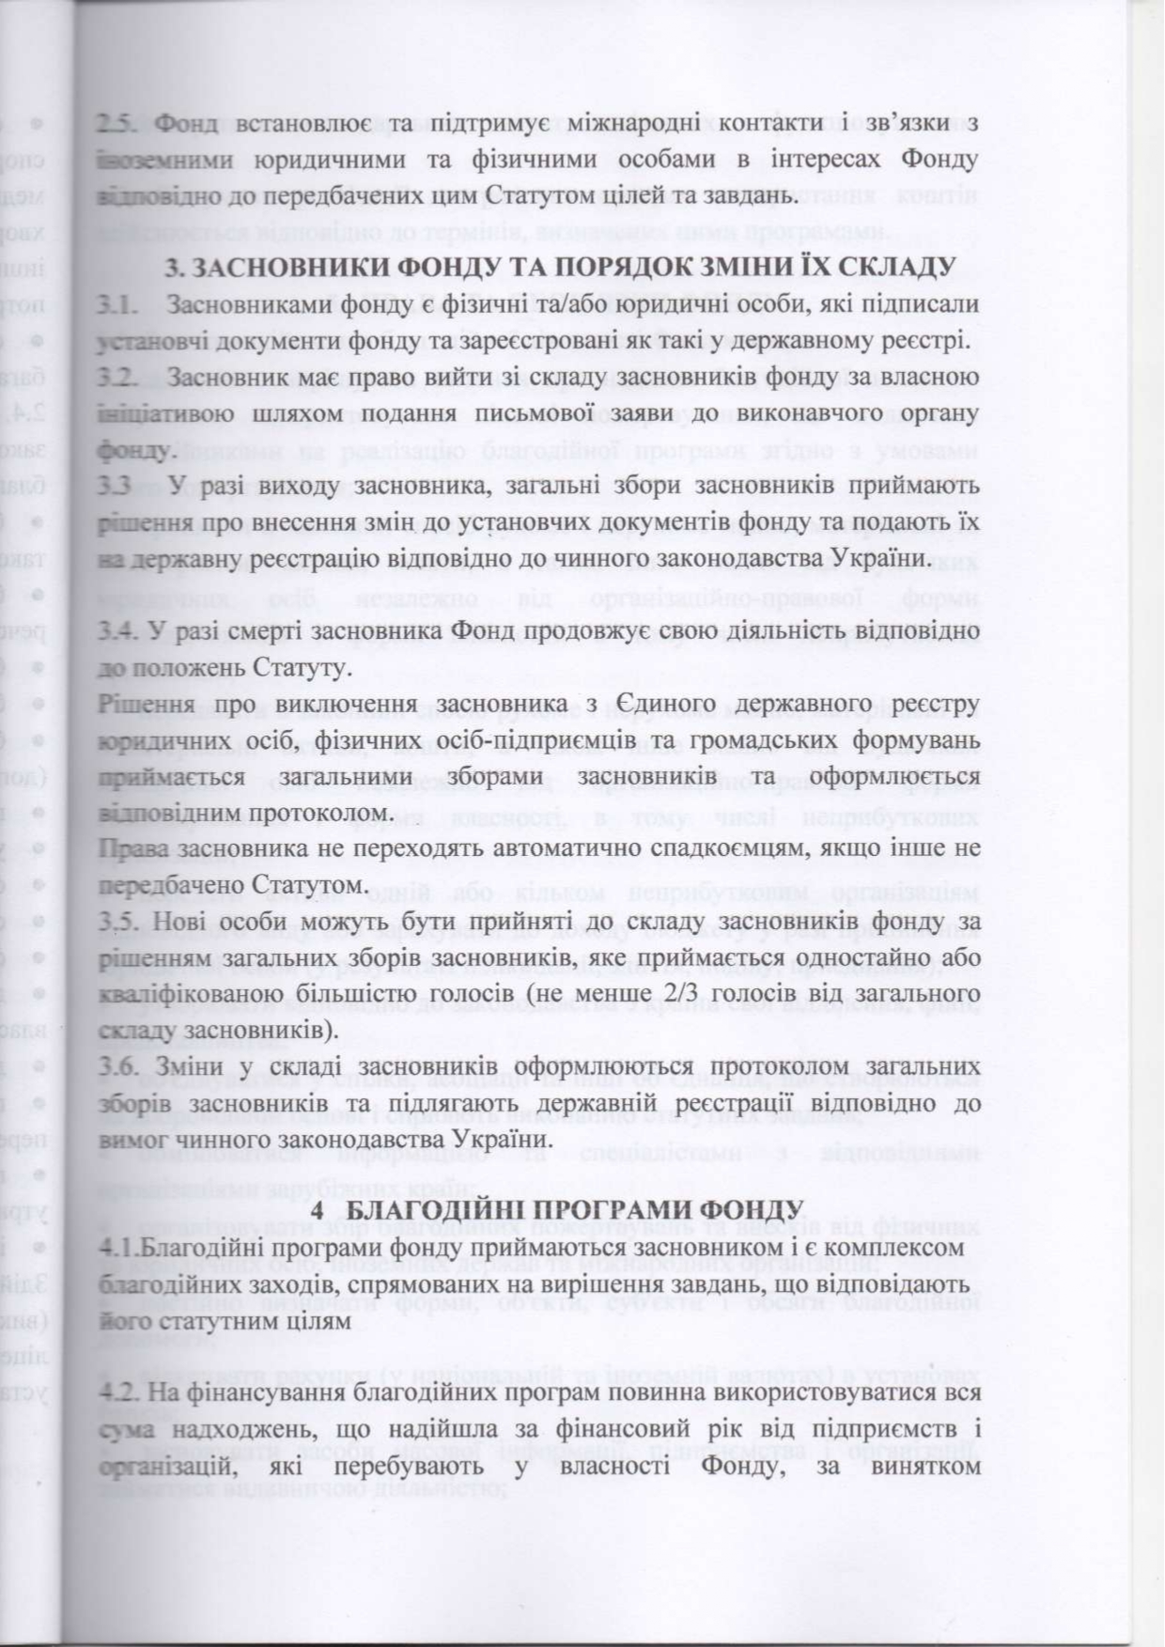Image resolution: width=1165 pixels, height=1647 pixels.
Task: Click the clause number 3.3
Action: [x=116, y=487]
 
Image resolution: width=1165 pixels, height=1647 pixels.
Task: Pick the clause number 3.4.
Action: [x=117, y=631]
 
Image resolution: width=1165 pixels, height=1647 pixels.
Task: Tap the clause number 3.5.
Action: [x=117, y=923]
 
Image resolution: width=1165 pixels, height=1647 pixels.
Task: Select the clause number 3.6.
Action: [x=117, y=1067]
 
